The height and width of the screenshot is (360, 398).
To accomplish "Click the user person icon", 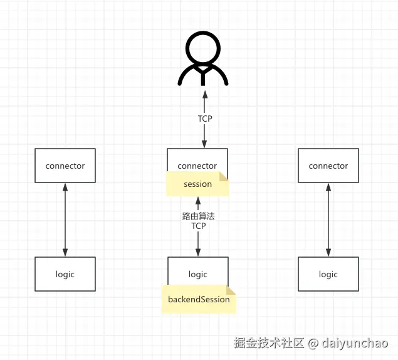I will (x=203, y=60).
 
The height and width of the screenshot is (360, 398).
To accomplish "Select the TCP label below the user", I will (x=205, y=118).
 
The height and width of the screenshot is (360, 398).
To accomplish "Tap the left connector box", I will (x=65, y=166).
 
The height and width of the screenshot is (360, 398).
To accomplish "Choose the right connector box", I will (x=328, y=166).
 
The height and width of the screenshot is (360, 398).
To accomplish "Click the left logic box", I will (x=65, y=274).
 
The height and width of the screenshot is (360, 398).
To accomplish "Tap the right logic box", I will (x=328, y=274).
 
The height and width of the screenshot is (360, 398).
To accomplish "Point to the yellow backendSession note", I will (x=199, y=299).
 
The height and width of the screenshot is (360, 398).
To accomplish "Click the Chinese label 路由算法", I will (x=198, y=216).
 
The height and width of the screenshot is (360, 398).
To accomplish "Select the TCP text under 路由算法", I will (x=199, y=226).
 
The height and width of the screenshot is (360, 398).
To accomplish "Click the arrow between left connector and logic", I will (x=65, y=220).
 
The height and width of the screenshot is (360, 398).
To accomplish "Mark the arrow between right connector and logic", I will (x=328, y=220).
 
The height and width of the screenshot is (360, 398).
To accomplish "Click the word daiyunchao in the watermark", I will (x=355, y=343).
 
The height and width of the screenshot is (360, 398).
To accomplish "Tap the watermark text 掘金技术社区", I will (x=269, y=343).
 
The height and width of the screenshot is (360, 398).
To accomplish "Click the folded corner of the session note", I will (x=225, y=177).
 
